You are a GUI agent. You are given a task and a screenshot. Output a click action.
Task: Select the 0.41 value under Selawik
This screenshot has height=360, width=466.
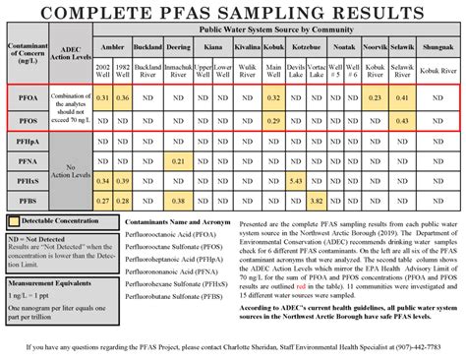(401, 98)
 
